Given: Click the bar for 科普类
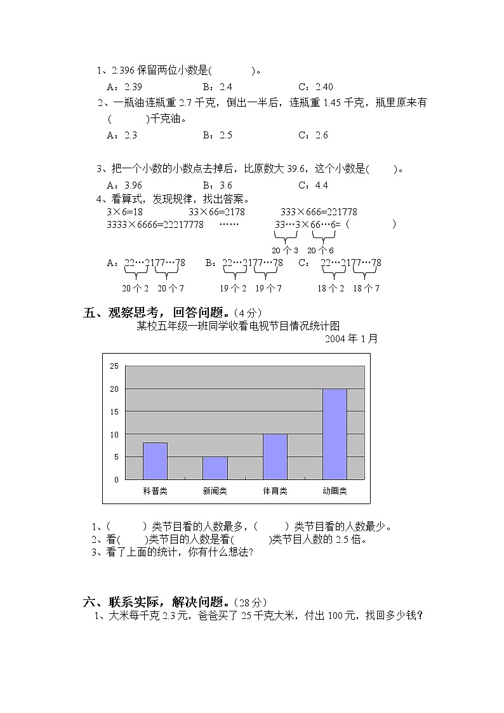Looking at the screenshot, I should tap(155, 461).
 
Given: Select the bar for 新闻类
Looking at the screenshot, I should tap(215, 468).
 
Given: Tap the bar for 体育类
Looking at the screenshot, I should tap(275, 456).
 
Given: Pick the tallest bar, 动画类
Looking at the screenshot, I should tap(335, 434).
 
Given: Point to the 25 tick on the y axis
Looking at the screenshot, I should tap(114, 366).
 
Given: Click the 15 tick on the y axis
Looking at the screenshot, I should tap(114, 411).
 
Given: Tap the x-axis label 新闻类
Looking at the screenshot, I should tap(215, 491).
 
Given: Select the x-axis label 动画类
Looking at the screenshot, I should tap(335, 491).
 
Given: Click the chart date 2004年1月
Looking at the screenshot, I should tap(351, 339).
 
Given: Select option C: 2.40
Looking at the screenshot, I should tap(315, 87).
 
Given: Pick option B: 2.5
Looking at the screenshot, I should tap(218, 135).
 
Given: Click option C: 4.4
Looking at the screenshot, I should tap(313, 185).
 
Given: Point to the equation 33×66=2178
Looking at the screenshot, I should tap(216, 212).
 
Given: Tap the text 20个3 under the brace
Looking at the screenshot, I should tap(285, 251).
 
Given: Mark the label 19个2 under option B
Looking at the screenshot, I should tap(233, 288).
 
